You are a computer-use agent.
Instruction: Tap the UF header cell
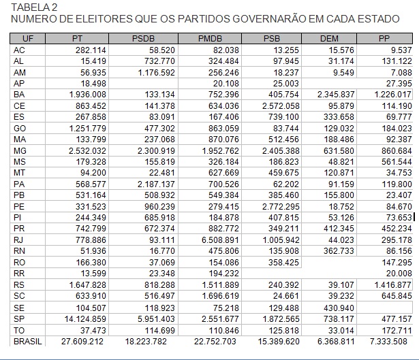[x=28, y=39]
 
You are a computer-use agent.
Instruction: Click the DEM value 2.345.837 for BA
[x=336, y=94]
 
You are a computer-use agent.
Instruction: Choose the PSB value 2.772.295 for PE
[x=277, y=206]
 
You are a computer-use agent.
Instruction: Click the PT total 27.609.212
[x=82, y=340]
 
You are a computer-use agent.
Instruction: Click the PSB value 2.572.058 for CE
[x=277, y=105]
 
